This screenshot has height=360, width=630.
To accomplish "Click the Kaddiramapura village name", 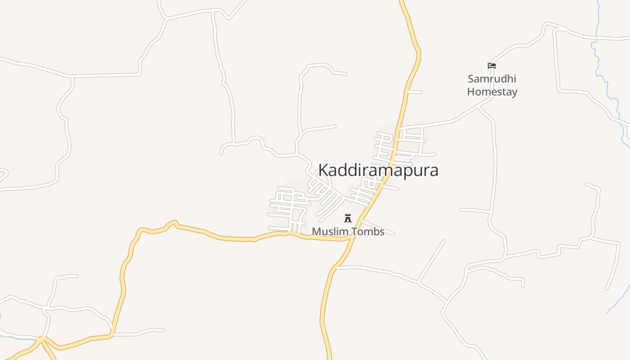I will pos(378,170).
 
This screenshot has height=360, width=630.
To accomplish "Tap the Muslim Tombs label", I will pos(348,231).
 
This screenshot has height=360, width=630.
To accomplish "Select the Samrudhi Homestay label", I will pos(492,85).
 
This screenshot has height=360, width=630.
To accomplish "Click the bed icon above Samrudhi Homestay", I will pos(492,66).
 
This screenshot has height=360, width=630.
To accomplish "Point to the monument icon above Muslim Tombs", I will pos(348,219).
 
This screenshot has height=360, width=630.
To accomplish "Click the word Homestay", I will pos(492,92).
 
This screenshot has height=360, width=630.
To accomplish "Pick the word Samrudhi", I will pos(492,79).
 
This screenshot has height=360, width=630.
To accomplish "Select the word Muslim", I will pos(329,231).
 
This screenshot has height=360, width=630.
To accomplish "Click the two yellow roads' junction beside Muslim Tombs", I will pos(351,238).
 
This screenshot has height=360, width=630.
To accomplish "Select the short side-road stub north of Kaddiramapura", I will pos(414,92).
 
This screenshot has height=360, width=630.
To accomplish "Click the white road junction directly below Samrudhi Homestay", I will pos(478,107).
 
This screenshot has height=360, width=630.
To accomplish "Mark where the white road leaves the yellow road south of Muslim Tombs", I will pos(336,268).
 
